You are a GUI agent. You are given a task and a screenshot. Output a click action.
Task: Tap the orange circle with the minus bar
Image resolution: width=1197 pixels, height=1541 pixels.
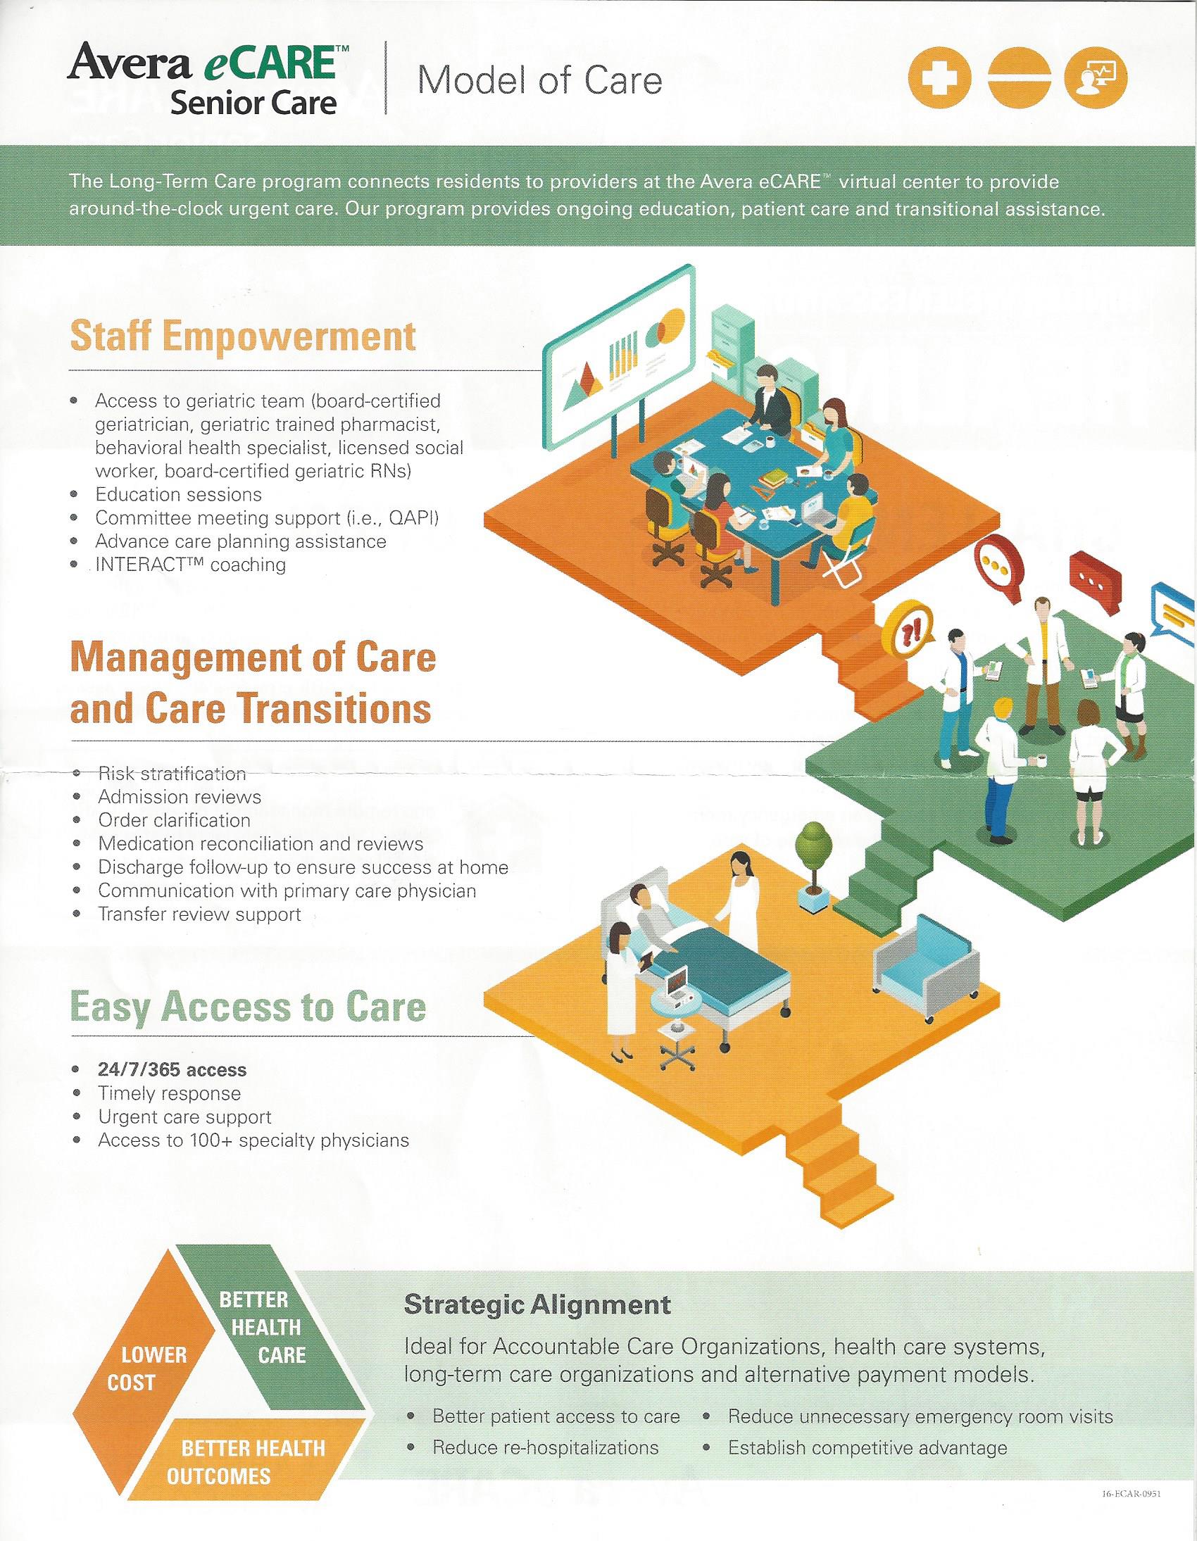(x=1019, y=79)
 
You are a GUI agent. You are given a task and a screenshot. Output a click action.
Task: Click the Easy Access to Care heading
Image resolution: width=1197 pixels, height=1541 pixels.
(x=248, y=1007)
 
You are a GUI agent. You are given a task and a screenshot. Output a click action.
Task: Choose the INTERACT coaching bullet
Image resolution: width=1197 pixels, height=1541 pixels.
(x=191, y=565)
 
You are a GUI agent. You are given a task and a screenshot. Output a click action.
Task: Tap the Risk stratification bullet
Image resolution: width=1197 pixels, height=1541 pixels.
(x=173, y=774)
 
